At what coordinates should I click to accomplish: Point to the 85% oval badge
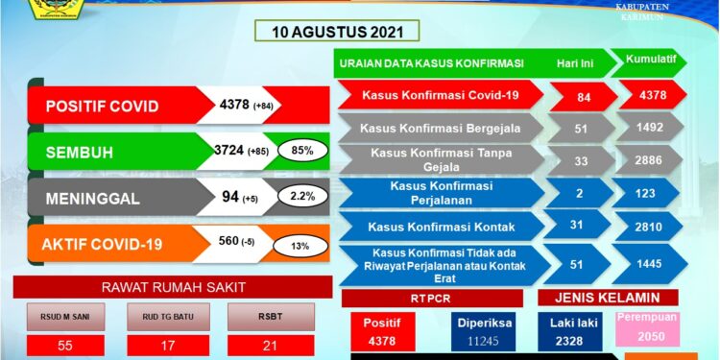301,150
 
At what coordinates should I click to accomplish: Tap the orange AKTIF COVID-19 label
106,244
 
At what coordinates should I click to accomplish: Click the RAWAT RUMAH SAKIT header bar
172,287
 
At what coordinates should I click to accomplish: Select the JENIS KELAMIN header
608,298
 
